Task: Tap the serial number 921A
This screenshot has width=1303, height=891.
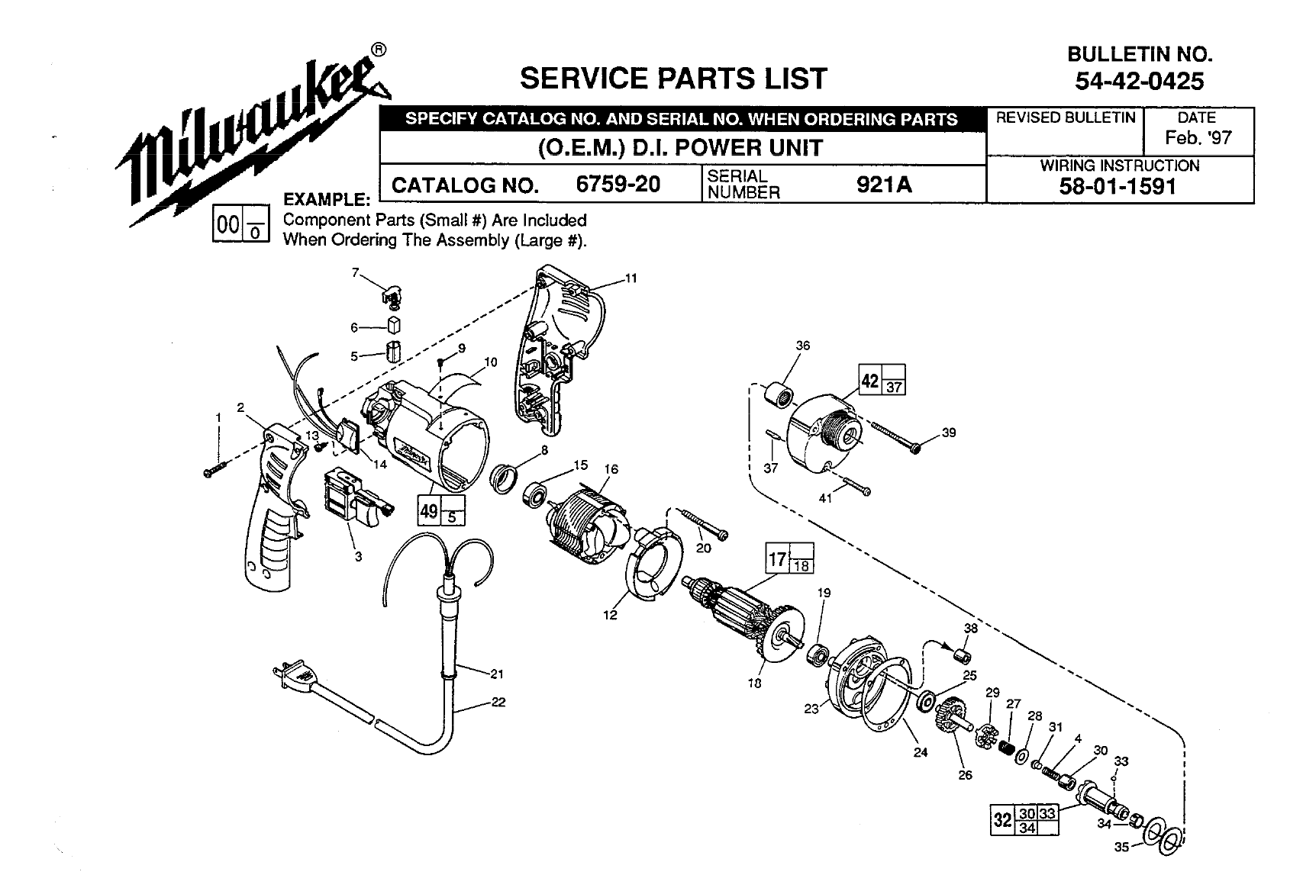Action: pyautogui.click(x=884, y=185)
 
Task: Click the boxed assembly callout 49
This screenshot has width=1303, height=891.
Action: pyautogui.click(x=429, y=510)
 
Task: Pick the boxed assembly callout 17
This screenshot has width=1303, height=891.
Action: pyautogui.click(x=777, y=558)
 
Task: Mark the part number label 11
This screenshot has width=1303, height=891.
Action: pyautogui.click(x=631, y=278)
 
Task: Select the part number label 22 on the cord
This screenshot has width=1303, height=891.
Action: pyautogui.click(x=498, y=703)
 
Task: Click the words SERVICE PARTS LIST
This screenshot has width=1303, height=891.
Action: pyautogui.click(x=672, y=78)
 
